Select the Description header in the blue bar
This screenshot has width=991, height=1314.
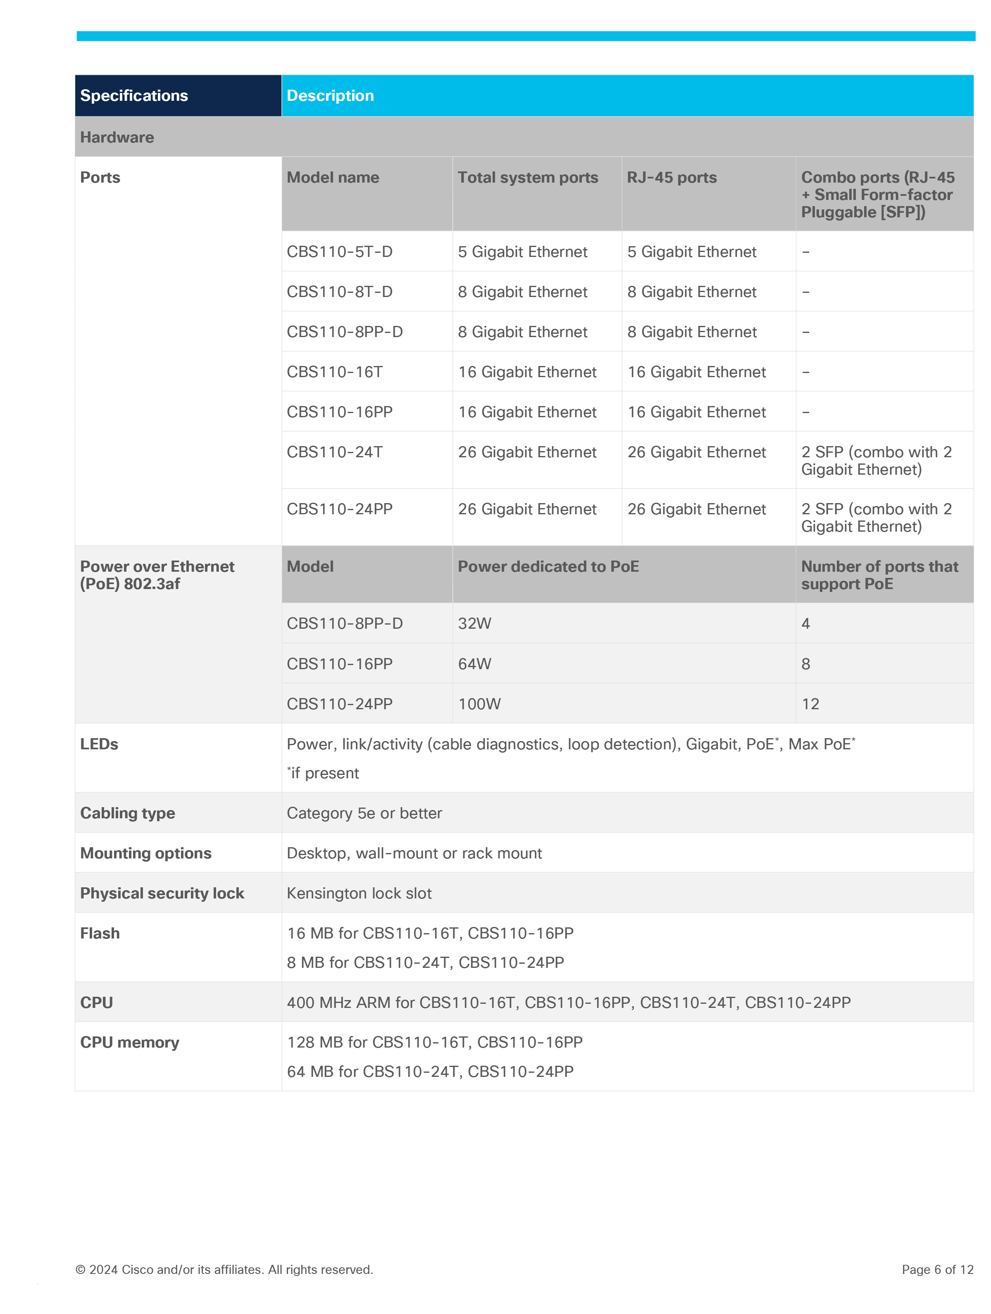330,96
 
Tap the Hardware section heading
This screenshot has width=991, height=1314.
117,137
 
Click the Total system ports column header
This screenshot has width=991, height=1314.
528,178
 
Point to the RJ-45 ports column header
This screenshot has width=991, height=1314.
672,178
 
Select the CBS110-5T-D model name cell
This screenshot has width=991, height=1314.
339,252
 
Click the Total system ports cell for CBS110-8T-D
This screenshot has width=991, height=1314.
522,292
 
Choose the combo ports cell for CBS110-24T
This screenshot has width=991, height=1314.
876,461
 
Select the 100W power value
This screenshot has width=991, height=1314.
479,704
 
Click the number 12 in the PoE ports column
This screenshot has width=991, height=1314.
810,704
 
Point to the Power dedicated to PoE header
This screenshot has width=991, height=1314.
548,567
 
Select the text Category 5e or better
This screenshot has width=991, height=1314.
364,813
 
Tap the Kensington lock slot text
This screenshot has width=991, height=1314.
359,893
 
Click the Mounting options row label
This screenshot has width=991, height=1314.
145,853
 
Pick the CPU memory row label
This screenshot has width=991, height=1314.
129,1043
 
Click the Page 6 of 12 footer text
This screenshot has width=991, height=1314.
937,1269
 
